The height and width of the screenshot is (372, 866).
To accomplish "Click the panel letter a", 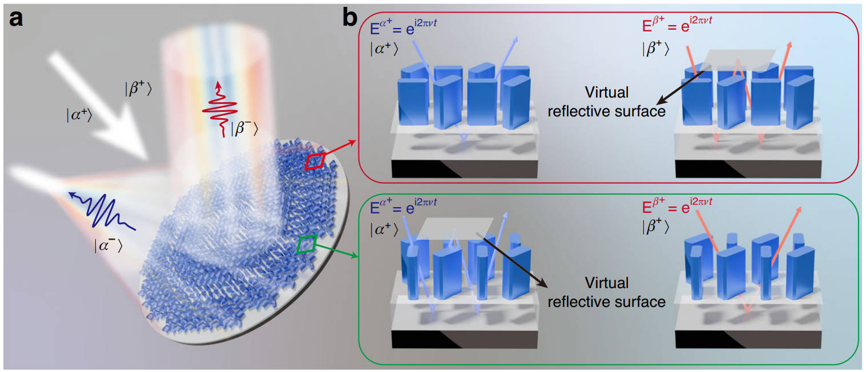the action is (16, 19).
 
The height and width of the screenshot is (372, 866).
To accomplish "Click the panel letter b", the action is (350, 18).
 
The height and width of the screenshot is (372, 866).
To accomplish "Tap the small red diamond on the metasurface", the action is (315, 161).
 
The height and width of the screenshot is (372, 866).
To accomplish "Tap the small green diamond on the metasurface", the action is (307, 244).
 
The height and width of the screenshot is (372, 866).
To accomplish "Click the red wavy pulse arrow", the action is (220, 110).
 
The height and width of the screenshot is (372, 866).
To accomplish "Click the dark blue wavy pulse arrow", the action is (102, 211).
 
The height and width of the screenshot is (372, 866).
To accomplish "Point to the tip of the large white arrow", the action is (147, 159).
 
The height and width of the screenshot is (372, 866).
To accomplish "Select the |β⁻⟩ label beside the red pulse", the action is (244, 129).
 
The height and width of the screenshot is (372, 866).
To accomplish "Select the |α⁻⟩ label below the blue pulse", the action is (108, 246).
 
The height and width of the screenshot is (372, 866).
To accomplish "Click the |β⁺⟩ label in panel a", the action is (138, 89).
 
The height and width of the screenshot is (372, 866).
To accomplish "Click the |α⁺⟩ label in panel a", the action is (79, 115).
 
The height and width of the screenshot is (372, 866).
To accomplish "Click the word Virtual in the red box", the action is (607, 92).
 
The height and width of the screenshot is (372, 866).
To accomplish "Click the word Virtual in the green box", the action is (607, 283).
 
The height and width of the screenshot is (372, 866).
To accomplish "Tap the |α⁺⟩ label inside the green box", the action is (384, 230).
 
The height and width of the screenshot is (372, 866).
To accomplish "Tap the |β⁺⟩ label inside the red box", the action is (655, 49).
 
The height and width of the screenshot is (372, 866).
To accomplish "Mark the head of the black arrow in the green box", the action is (547, 287).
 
